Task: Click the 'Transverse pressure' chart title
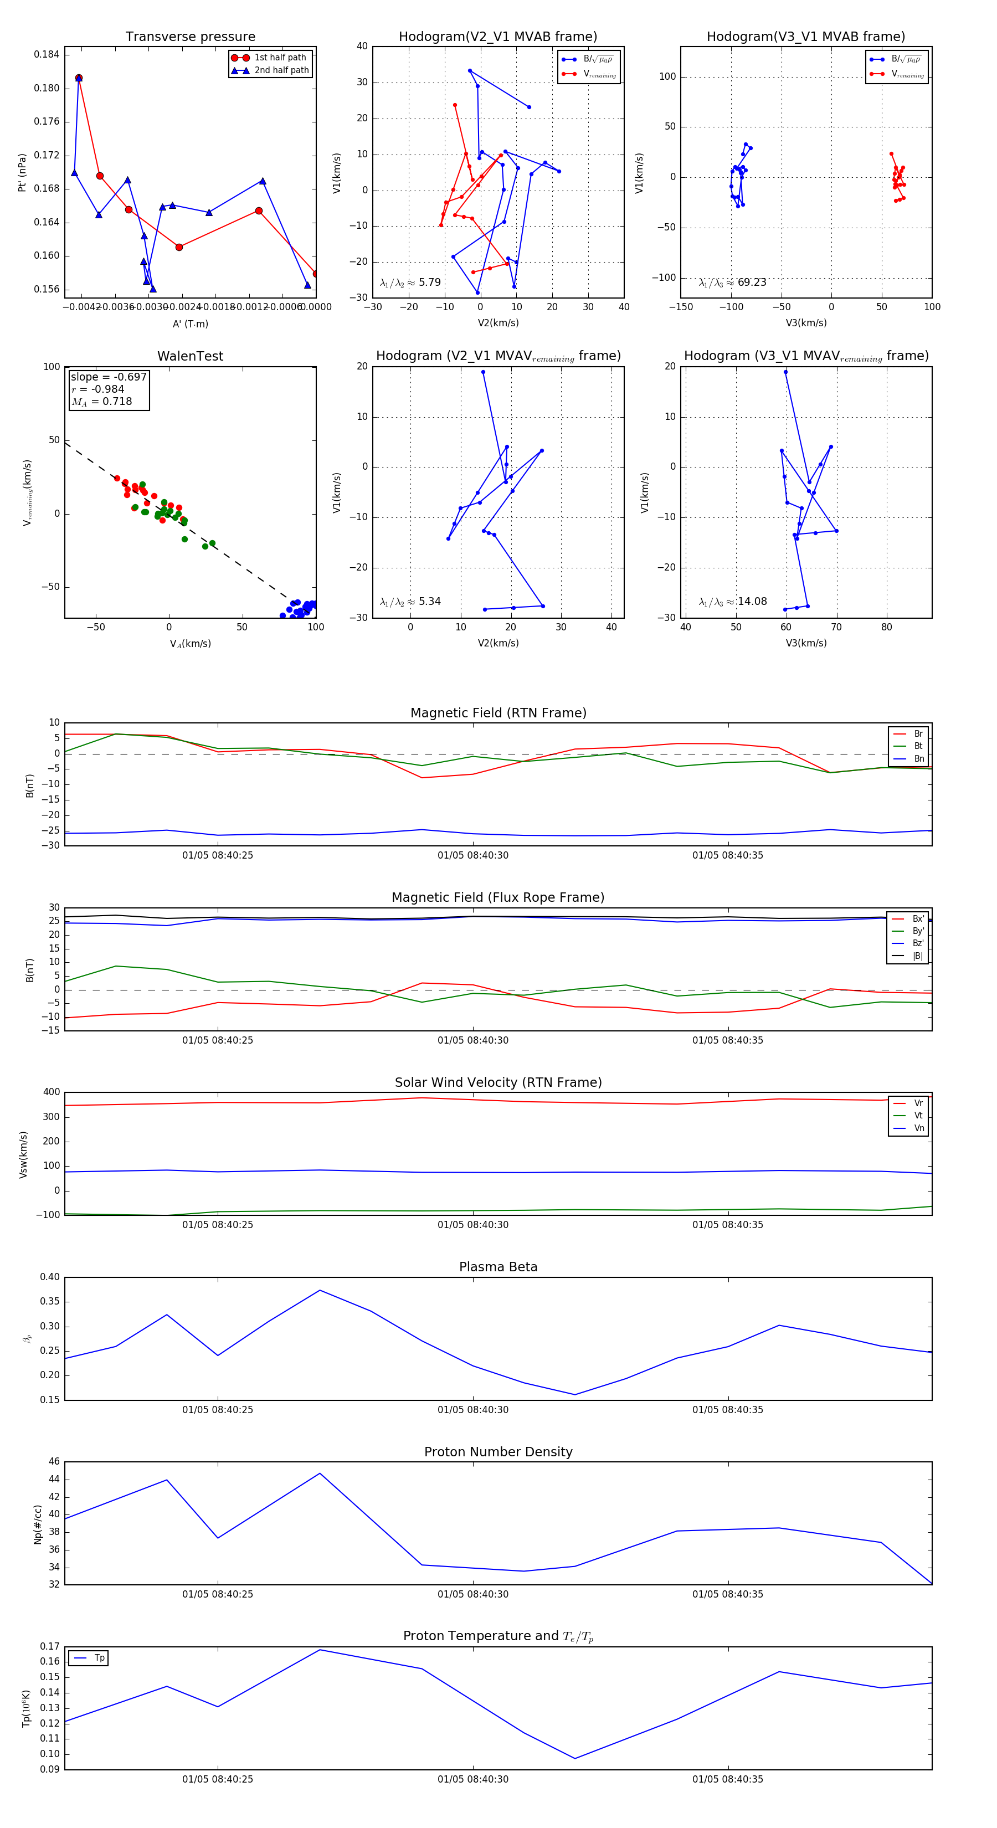pos(190,37)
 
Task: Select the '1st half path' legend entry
pos(280,58)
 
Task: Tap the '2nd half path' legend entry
pos(281,70)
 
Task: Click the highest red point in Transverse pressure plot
pos(79,78)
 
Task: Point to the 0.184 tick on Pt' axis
pos(47,55)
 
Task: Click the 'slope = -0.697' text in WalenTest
pos(109,377)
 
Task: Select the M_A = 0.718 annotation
pos(101,402)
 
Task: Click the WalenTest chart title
pos(190,356)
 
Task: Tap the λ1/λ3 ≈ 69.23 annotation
pos(732,283)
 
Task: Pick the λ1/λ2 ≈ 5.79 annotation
pos(410,283)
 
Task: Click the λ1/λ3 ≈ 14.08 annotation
pos(732,602)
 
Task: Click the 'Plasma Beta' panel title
pos(498,1267)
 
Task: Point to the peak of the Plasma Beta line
pos(320,1290)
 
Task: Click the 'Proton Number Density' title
pos(498,1452)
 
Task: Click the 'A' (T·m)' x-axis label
pos(190,324)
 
